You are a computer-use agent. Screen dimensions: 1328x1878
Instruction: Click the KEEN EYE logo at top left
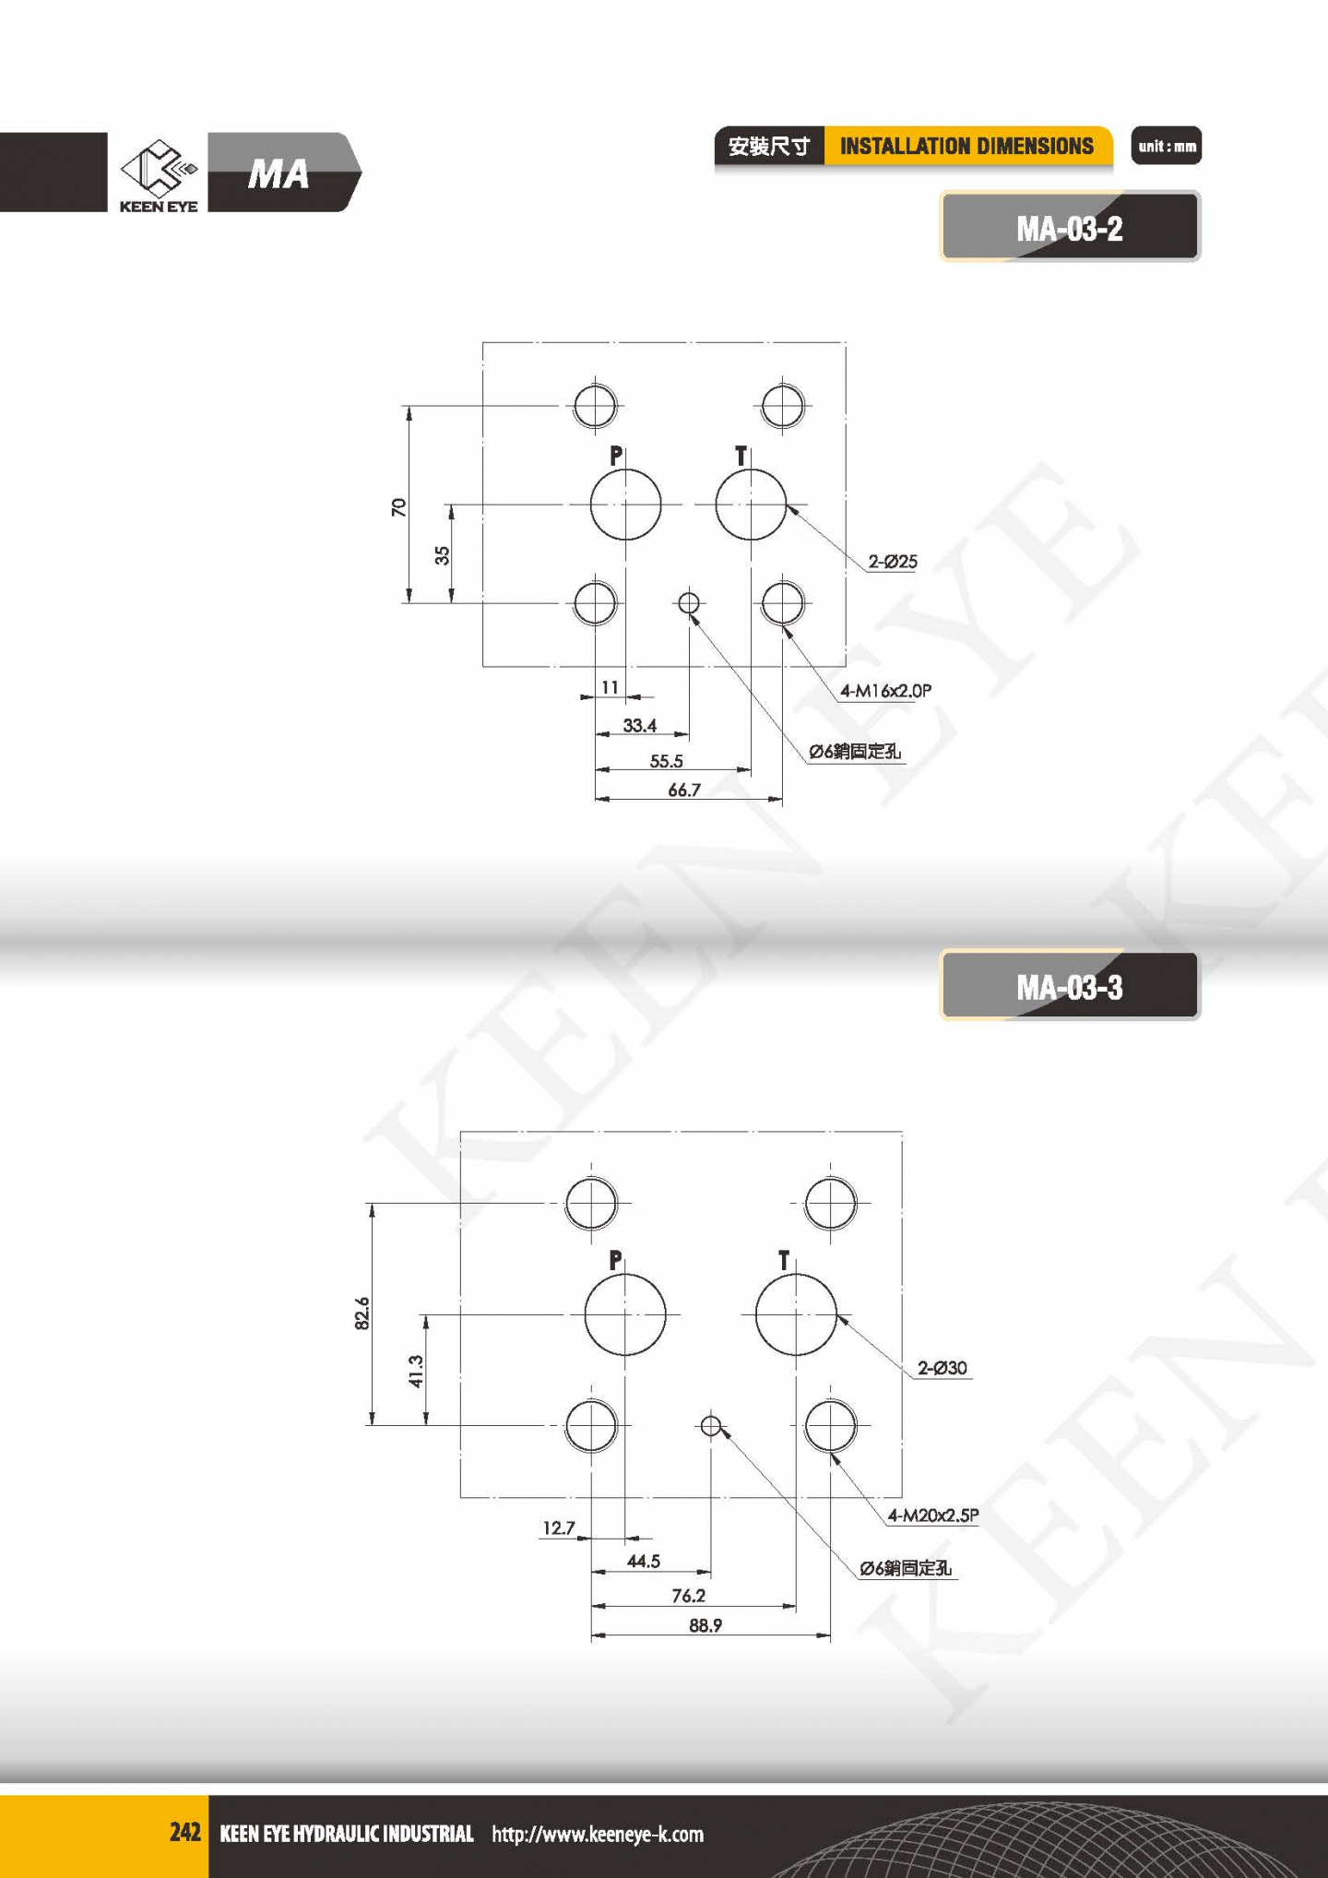pyautogui.click(x=159, y=175)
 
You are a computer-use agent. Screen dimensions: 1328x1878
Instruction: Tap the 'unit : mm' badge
pyautogui.click(x=1167, y=146)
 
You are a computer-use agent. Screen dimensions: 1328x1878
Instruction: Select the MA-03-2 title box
pyautogui.click(x=1070, y=227)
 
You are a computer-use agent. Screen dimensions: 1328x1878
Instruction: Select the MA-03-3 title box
pyautogui.click(x=1070, y=986)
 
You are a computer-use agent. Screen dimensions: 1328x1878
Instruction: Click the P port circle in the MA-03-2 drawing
pyautogui.click(x=592, y=505)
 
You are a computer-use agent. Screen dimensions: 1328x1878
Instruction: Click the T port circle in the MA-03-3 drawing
pyautogui.click(x=757, y=1314)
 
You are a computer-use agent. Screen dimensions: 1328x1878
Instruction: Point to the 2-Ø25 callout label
pyautogui.click(x=893, y=561)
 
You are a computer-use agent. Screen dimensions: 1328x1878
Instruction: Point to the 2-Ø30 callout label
pyautogui.click(x=943, y=1367)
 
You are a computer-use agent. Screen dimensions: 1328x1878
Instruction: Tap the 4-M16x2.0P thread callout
pyautogui.click(x=885, y=690)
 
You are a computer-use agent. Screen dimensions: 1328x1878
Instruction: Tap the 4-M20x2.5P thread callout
pyautogui.click(x=933, y=1515)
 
